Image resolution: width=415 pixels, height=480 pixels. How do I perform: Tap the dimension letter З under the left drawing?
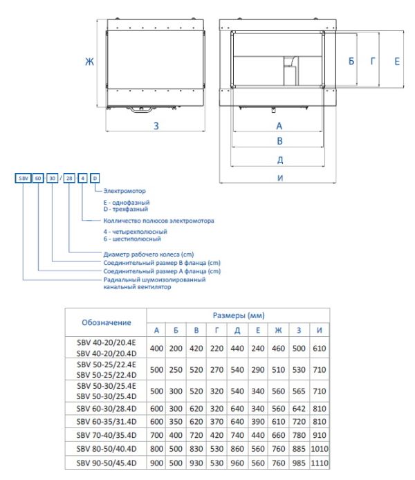pos(157,126)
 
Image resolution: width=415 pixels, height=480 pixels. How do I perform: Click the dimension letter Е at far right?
pos(396,62)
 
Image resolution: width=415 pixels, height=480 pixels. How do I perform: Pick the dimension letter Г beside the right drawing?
pos(373,62)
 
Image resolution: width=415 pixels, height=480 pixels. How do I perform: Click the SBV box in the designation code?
pos(24,178)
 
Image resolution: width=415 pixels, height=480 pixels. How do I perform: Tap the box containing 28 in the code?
pos(70,178)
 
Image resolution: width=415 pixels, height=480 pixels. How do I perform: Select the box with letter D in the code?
pos(94,178)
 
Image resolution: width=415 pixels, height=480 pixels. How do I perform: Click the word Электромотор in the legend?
pos(124,190)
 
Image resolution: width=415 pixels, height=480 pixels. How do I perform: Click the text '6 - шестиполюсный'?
pos(131,238)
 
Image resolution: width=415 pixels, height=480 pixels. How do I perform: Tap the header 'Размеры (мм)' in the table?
pos(238,315)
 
